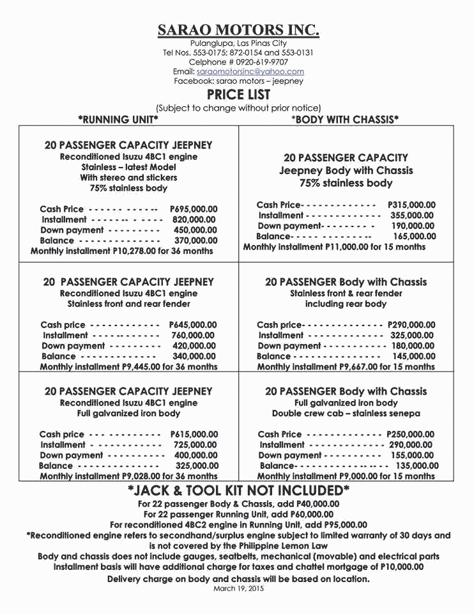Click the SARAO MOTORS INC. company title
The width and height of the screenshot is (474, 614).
[x=238, y=30]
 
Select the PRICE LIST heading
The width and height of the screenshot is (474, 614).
[x=238, y=95]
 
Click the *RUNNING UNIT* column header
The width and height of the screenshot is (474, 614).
[x=118, y=119]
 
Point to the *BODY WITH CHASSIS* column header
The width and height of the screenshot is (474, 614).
[x=345, y=119]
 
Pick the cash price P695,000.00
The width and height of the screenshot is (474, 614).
[x=194, y=209]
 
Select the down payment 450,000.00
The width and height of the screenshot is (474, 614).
[x=195, y=230]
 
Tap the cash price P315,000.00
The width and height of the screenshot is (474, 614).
[x=411, y=205]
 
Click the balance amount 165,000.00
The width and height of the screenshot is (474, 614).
[x=413, y=236]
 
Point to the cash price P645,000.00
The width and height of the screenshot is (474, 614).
[x=193, y=325]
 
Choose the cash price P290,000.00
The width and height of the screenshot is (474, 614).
[x=411, y=325]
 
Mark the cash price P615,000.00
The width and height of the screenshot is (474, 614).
[x=194, y=434]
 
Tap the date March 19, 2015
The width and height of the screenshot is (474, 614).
[x=238, y=588]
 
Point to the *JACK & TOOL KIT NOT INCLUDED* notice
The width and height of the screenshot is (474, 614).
[x=238, y=491]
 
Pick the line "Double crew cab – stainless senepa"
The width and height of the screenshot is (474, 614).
[x=346, y=413]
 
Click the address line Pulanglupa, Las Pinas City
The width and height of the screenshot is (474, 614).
[x=238, y=43]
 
